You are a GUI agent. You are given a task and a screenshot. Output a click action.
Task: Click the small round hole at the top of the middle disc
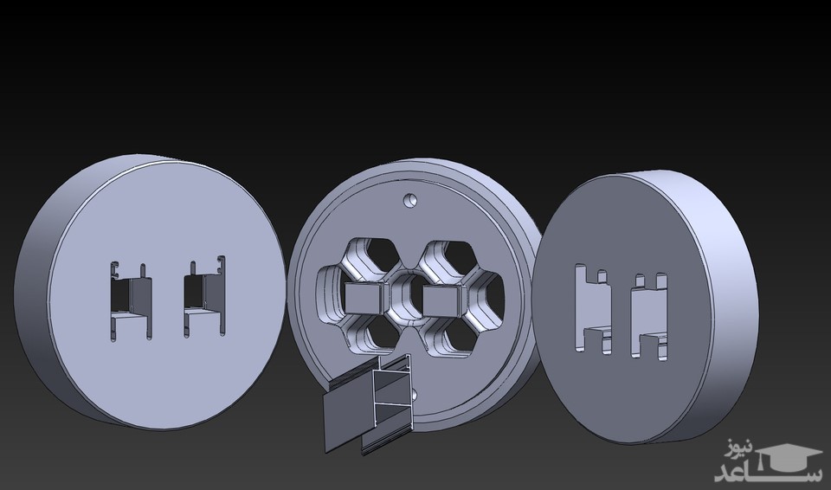[409, 201]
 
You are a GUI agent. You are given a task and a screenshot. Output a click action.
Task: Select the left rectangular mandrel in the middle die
[364, 297]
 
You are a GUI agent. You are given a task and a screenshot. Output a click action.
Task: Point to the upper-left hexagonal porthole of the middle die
[369, 260]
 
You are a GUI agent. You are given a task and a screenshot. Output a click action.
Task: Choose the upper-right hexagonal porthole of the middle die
[447, 261]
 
